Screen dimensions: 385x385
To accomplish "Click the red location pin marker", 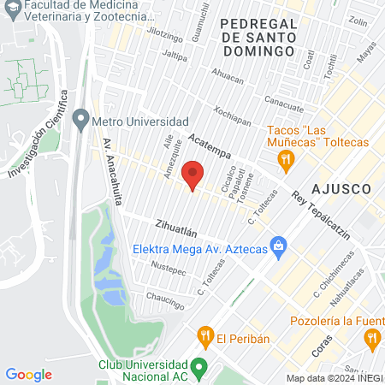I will click(193, 175).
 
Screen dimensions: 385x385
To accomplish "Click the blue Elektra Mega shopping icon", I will click(278, 249).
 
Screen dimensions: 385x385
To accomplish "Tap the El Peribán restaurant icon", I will click(204, 337).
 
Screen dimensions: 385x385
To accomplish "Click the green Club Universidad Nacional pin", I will click(198, 368).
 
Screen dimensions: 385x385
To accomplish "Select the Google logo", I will click(28, 374).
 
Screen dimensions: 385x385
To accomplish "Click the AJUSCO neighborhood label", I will click(341, 187).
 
